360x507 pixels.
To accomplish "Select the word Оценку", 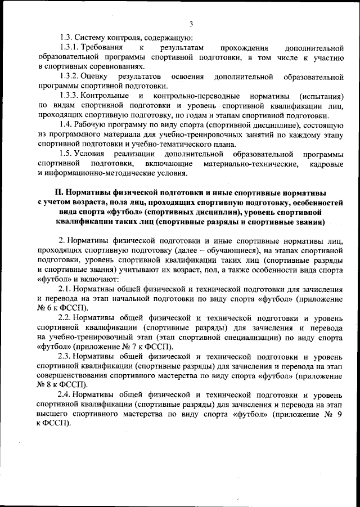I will pyautogui.click(x=94, y=76).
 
